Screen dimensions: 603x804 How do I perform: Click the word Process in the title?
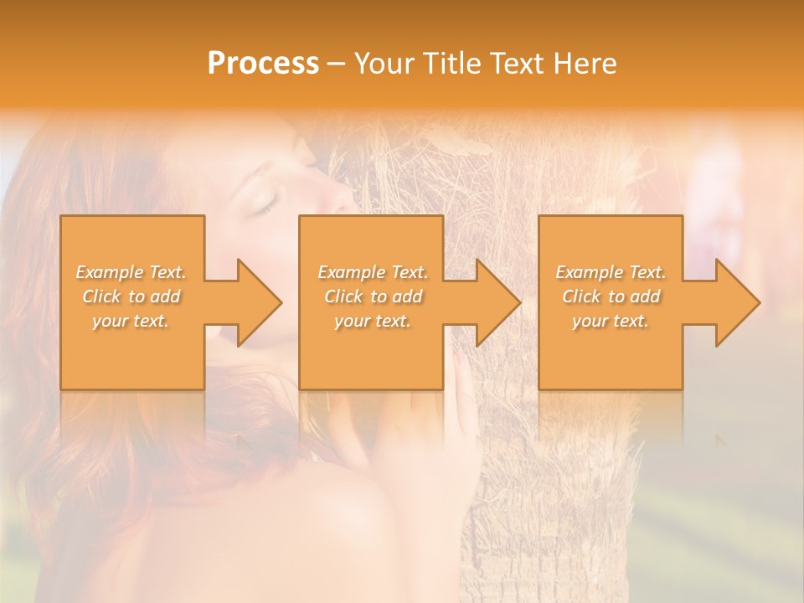tap(263, 64)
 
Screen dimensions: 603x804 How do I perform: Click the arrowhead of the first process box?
tap(255, 302)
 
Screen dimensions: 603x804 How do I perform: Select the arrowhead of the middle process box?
tap(495, 302)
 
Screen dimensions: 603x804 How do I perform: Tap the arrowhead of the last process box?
tap(734, 302)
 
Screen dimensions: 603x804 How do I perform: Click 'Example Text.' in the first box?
tap(131, 272)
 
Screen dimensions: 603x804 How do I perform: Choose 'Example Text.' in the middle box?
tap(373, 272)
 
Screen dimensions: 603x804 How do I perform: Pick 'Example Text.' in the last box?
tap(611, 272)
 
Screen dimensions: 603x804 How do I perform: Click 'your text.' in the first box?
tap(131, 321)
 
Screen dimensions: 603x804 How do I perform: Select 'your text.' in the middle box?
tap(372, 321)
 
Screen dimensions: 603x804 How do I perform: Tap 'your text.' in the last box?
tap(610, 321)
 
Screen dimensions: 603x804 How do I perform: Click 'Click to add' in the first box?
tap(131, 296)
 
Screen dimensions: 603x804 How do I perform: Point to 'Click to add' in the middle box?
tap(373, 296)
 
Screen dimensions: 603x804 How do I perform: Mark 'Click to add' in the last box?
tap(611, 296)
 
